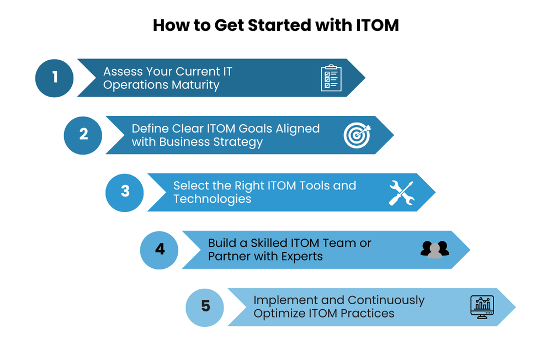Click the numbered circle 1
coord(55,78)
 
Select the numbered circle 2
coord(83,135)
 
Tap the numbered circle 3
coord(125,192)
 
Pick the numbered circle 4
coord(160,250)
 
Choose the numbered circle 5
coord(205,306)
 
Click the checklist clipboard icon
coord(331,78)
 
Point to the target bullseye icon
coord(357,135)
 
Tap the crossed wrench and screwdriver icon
coord(401,193)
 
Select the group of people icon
coord(435,250)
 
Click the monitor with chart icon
coord(482,306)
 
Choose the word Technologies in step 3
coord(213,199)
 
